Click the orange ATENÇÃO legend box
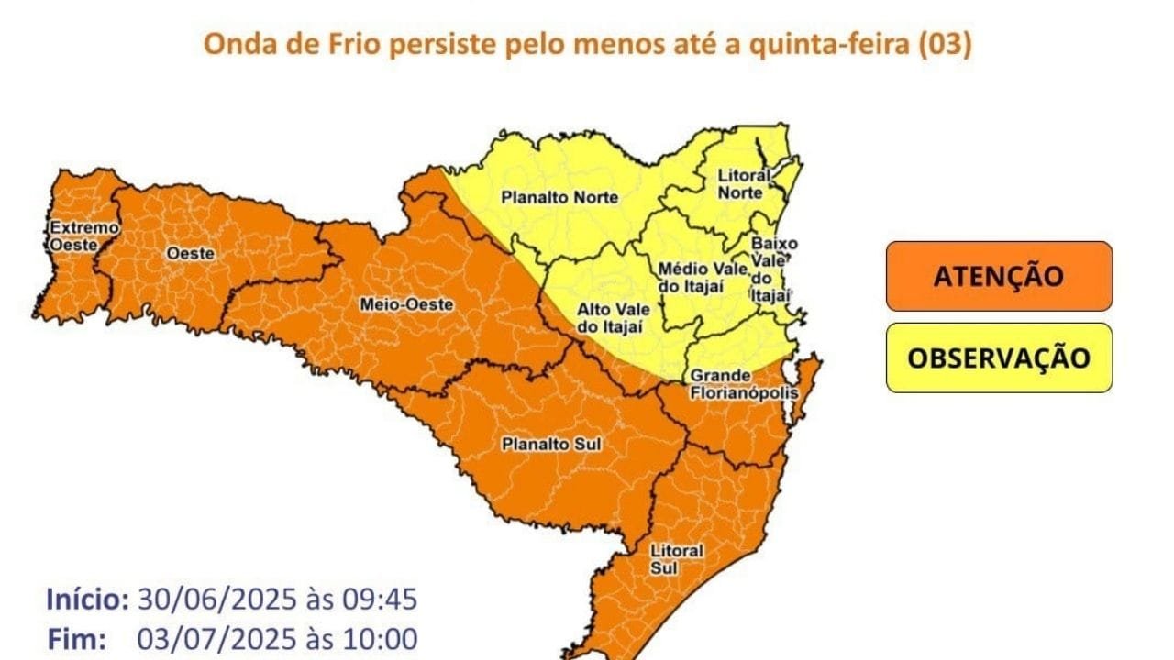point(999,276)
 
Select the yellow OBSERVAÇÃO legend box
point(999,357)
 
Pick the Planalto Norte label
point(547,197)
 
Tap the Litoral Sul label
point(676,559)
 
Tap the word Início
point(87,600)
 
